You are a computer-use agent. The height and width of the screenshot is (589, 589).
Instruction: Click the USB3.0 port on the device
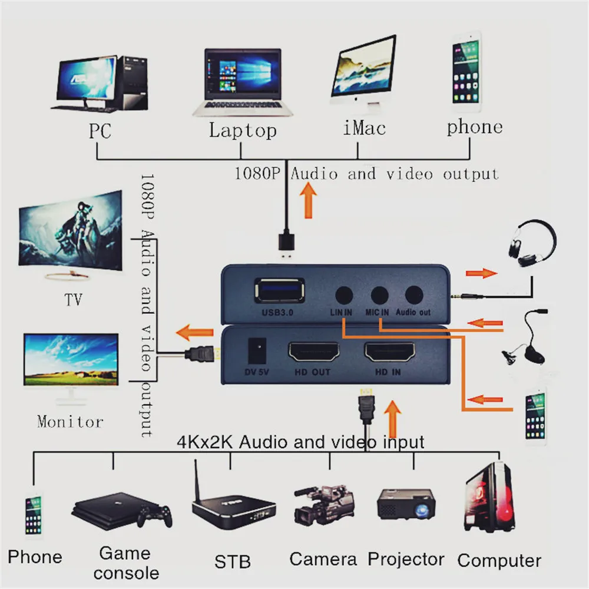point(279,291)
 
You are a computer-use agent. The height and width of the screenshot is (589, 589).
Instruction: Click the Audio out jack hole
point(414,294)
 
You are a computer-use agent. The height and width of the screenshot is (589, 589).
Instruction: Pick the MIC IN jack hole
point(379,294)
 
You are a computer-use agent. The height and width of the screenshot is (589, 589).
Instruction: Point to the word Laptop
point(242,130)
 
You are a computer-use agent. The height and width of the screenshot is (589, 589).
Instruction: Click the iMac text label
point(364,128)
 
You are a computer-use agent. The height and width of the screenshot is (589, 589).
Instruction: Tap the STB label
point(232,561)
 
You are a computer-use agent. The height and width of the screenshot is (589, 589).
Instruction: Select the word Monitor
point(70,421)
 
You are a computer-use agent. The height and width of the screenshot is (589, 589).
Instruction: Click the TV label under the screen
point(73,300)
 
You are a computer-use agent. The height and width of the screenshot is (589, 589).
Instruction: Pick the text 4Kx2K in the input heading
point(203,442)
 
